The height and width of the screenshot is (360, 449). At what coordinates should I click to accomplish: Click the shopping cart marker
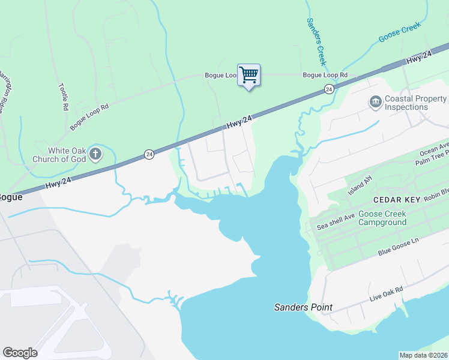point(249,76)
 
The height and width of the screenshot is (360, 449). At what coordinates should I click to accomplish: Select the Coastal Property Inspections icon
point(376,103)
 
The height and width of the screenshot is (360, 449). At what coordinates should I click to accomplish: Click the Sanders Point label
point(303,307)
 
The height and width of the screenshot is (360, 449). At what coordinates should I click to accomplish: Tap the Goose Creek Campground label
point(382,218)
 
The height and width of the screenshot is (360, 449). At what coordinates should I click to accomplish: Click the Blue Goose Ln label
point(397,247)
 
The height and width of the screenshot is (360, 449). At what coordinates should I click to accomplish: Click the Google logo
point(20,352)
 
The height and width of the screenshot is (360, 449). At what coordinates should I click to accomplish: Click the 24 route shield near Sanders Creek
point(329,89)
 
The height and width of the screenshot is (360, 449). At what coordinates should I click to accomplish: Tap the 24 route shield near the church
point(149,155)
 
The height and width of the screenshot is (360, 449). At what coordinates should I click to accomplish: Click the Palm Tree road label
point(433,156)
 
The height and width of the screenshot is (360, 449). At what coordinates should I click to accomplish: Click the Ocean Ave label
point(435,146)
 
